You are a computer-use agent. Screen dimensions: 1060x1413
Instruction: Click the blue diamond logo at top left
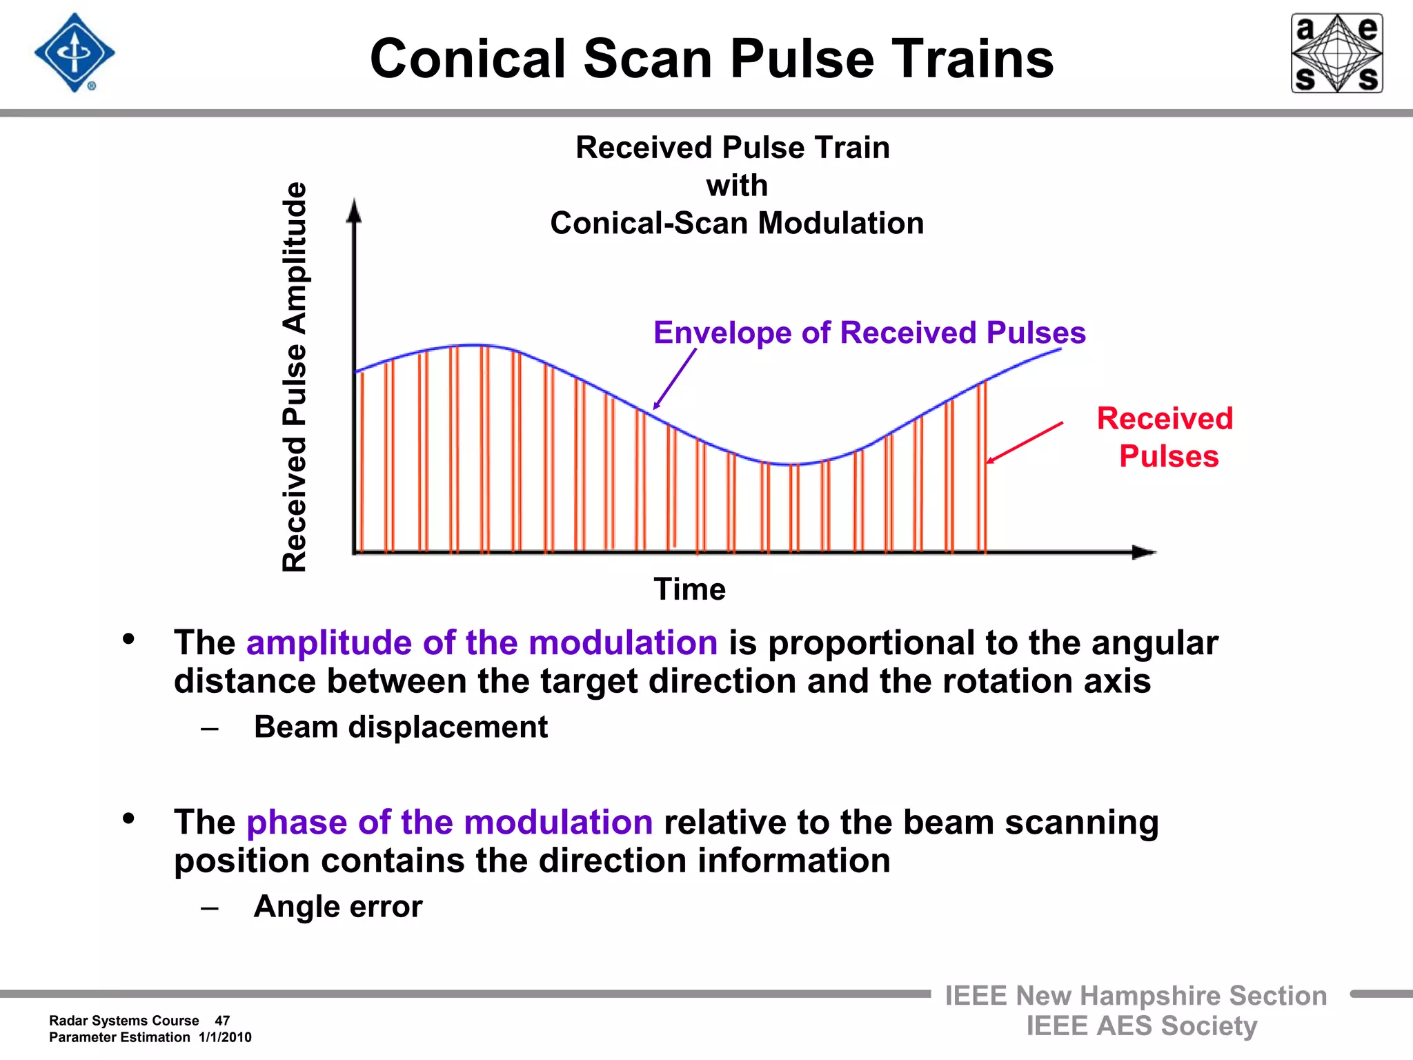[x=75, y=53]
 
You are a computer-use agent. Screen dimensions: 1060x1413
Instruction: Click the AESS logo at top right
[x=1336, y=53]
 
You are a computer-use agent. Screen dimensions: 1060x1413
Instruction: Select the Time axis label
[x=689, y=589]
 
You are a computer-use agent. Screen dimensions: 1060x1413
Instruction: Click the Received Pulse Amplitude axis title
[x=295, y=377]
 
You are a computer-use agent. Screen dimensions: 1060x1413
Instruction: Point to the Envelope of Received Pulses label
[x=869, y=333]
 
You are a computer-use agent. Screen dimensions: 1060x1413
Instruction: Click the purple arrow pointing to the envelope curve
[x=675, y=379]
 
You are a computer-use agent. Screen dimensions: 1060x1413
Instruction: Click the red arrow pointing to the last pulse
[x=1025, y=442]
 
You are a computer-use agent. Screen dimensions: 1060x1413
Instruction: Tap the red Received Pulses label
[x=1166, y=437]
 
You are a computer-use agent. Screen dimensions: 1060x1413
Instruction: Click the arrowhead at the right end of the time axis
[x=1144, y=552]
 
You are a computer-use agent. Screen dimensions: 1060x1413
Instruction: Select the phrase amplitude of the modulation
[x=482, y=642]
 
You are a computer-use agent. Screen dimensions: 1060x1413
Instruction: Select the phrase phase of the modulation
[x=449, y=822]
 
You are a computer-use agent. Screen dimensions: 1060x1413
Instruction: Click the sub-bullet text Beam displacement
[x=400, y=727]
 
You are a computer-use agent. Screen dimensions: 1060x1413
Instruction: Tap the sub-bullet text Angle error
[x=337, y=906]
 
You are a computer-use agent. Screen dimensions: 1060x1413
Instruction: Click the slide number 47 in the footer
[x=222, y=1021]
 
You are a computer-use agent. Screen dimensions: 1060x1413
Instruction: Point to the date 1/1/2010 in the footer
[x=225, y=1037]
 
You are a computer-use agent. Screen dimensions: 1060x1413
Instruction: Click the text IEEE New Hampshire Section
[x=1136, y=996]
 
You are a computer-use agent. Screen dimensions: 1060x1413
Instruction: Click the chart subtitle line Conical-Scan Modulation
[x=737, y=223]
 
